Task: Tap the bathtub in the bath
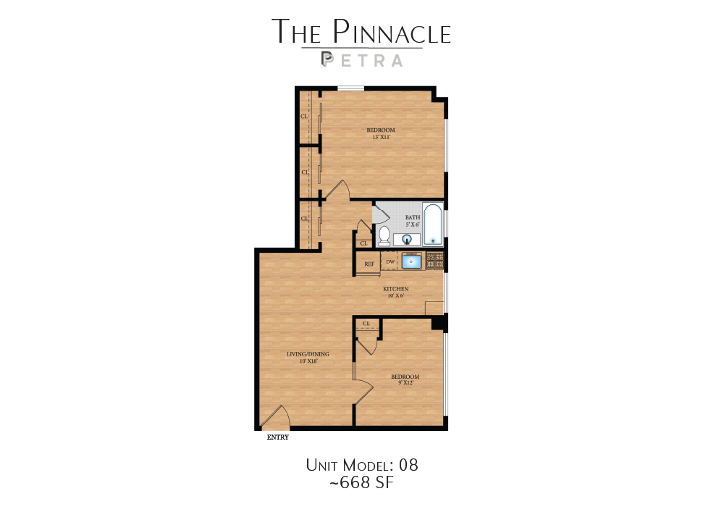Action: tap(433, 225)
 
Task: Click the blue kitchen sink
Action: tap(412, 261)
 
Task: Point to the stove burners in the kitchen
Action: tap(434, 261)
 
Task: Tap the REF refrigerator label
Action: tap(369, 264)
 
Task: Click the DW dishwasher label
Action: tap(390, 261)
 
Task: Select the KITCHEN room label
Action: tap(396, 289)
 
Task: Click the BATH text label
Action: tap(413, 217)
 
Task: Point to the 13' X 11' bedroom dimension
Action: tap(382, 137)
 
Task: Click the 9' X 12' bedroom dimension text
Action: tap(405, 383)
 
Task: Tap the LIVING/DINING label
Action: tap(308, 354)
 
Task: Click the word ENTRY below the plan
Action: tap(278, 437)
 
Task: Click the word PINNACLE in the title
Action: tap(392, 33)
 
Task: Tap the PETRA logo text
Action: tap(362, 60)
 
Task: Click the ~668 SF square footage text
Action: tap(362, 482)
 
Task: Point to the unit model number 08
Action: tap(408, 464)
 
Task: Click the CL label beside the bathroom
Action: tap(363, 243)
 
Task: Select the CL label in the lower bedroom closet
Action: tap(366, 323)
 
